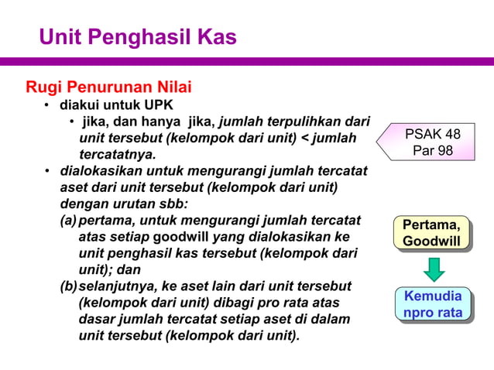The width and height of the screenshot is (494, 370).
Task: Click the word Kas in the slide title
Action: pyautogui.click(x=217, y=36)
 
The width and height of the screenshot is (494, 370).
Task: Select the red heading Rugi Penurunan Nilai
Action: pyautogui.click(x=108, y=86)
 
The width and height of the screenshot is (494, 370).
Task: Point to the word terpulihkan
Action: pyautogui.click(x=305, y=122)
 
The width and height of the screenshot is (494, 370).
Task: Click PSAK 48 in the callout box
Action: pyautogui.click(x=432, y=135)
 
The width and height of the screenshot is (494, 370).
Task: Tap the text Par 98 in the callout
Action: pyautogui.click(x=433, y=150)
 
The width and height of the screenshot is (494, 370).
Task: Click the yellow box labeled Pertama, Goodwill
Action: pyautogui.click(x=431, y=233)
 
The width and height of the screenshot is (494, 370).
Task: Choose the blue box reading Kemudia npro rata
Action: pyautogui.click(x=432, y=304)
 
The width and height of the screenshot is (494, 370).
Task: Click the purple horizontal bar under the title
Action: pyautogui.click(x=247, y=60)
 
